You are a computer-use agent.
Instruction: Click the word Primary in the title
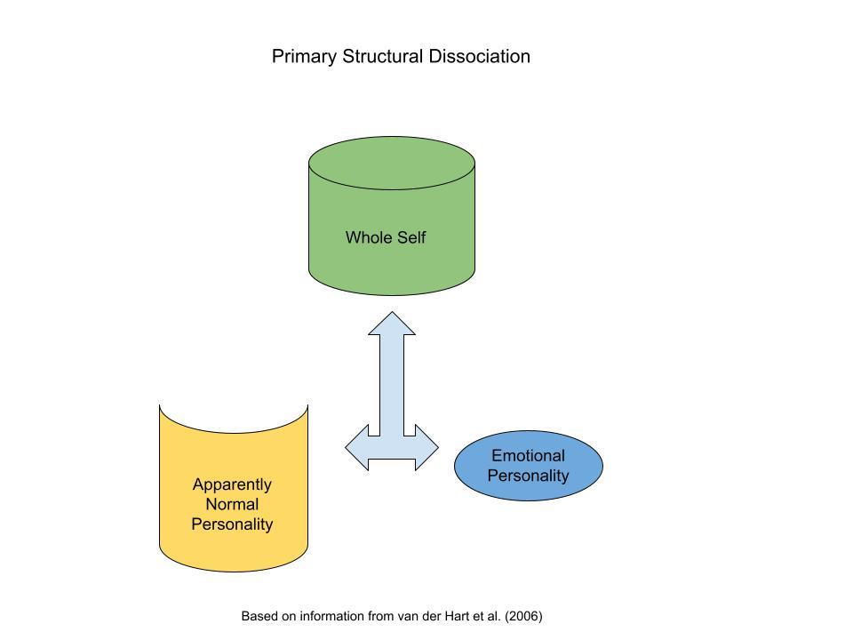(304, 57)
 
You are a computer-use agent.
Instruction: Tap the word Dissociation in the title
(480, 56)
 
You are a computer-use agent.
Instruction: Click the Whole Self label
(386, 237)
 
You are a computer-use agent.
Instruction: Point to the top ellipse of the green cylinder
(392, 163)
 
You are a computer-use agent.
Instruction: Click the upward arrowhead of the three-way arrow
(392, 324)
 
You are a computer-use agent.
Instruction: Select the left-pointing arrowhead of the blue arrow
(357, 447)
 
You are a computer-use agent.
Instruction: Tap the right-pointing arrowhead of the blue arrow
(427, 447)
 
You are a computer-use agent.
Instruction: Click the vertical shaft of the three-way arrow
(392, 385)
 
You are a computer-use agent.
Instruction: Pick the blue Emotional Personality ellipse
(528, 466)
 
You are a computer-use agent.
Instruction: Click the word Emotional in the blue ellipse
(528, 455)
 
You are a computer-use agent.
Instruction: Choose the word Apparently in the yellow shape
(232, 485)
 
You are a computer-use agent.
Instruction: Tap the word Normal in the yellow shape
(232, 504)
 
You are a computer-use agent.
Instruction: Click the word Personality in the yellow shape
(232, 524)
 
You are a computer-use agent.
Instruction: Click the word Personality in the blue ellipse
(528, 476)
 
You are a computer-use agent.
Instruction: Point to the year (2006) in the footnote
(523, 616)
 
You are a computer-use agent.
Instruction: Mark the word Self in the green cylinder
(411, 237)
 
